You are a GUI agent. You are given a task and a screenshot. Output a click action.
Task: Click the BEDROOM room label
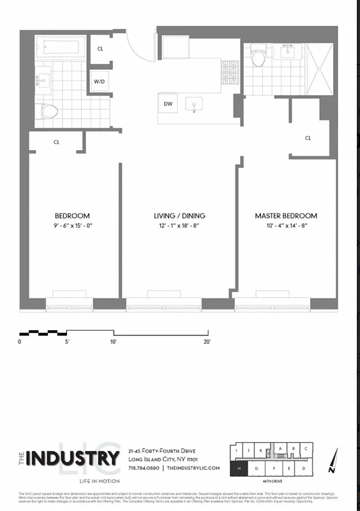point(72,216)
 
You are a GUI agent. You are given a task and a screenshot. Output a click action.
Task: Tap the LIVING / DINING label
point(179,216)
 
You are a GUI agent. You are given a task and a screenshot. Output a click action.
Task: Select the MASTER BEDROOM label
point(286,216)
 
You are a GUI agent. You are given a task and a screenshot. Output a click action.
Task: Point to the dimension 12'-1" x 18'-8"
point(179,225)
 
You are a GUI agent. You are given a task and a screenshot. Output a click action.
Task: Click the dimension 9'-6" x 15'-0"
point(72,225)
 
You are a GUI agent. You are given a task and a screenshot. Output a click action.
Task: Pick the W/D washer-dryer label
point(99,82)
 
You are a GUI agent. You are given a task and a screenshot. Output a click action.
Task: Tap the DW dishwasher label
point(169,103)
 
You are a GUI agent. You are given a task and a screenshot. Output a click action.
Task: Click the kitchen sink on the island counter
point(193,103)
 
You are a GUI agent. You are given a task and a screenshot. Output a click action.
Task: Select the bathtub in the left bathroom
point(61,47)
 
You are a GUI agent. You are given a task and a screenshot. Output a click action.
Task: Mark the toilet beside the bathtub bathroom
point(50,111)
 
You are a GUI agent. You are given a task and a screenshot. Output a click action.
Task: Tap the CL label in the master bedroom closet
point(308,138)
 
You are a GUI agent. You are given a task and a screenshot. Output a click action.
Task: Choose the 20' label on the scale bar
point(207,342)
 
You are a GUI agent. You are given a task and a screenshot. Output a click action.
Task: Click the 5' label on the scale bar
point(66,342)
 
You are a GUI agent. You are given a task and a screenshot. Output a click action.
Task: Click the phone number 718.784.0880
point(144,468)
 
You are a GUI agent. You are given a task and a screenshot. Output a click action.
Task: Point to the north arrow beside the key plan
point(332,461)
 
